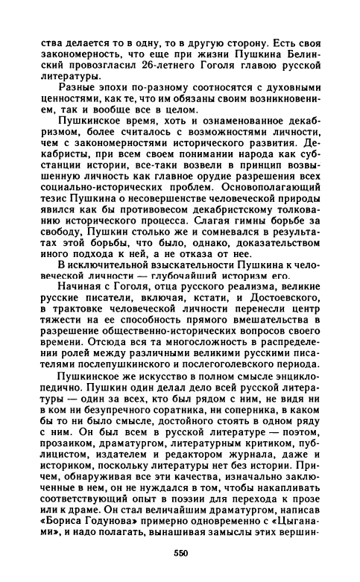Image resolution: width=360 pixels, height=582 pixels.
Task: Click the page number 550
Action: (180, 553)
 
